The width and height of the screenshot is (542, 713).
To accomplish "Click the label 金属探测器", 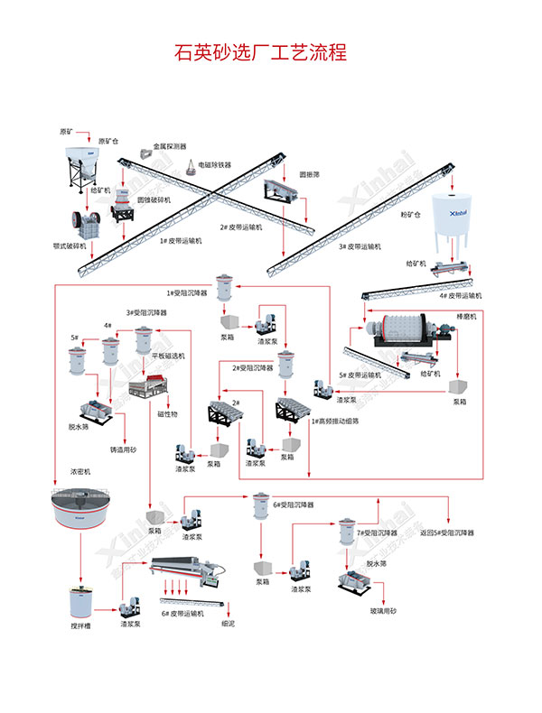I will [169, 145].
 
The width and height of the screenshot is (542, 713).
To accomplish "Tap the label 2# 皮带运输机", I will [241, 227].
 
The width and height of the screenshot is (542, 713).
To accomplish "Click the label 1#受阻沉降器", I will [187, 292].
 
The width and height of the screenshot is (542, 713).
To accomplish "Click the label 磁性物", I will [169, 414].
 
